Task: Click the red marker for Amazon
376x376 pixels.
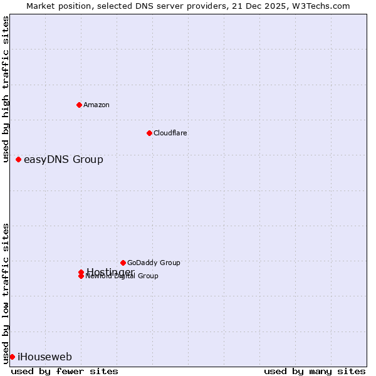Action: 79,105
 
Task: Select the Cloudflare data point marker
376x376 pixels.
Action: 149,133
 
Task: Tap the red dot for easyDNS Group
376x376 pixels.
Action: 19,159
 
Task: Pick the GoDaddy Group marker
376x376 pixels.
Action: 123,263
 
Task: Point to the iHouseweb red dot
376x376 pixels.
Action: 12,357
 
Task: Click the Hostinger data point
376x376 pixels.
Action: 81,272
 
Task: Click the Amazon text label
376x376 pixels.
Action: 97,105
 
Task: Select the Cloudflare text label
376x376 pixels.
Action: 170,133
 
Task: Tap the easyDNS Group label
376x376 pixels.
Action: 63,159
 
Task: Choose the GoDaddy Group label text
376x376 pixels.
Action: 154,263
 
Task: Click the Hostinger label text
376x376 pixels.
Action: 110,271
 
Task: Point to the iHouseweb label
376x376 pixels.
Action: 44,357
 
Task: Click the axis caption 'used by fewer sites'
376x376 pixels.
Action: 65,371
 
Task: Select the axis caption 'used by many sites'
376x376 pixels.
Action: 315,371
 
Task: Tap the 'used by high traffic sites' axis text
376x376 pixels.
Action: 6,90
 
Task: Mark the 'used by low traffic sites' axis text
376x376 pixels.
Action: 6,293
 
